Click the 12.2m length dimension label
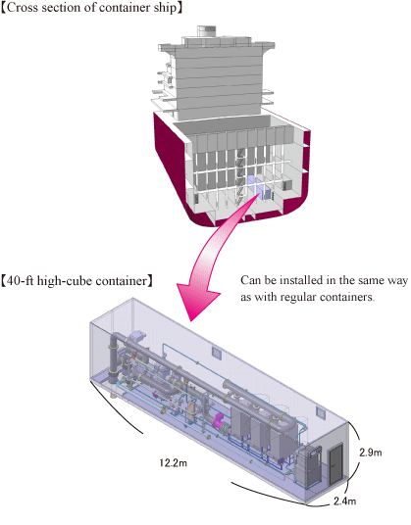(173, 463)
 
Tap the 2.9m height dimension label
(371, 453)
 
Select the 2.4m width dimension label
(344, 501)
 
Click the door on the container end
(335, 463)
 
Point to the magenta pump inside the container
(219, 421)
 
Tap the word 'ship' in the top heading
(165, 8)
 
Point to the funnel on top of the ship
(206, 30)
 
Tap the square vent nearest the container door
(321, 412)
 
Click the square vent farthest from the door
(217, 353)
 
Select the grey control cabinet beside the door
(307, 466)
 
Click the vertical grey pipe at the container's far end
(114, 358)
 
